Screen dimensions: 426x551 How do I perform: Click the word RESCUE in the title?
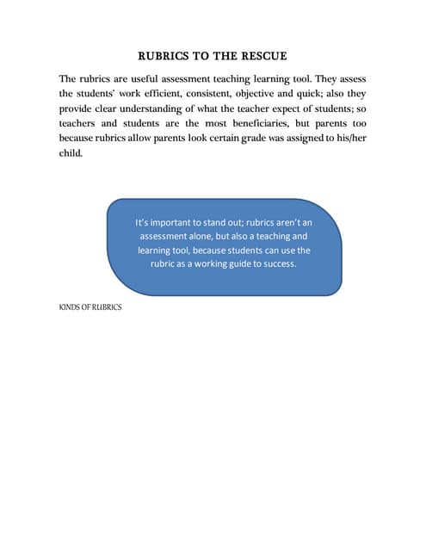262,57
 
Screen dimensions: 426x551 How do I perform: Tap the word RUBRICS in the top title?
164,57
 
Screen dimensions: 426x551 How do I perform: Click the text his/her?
349,138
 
